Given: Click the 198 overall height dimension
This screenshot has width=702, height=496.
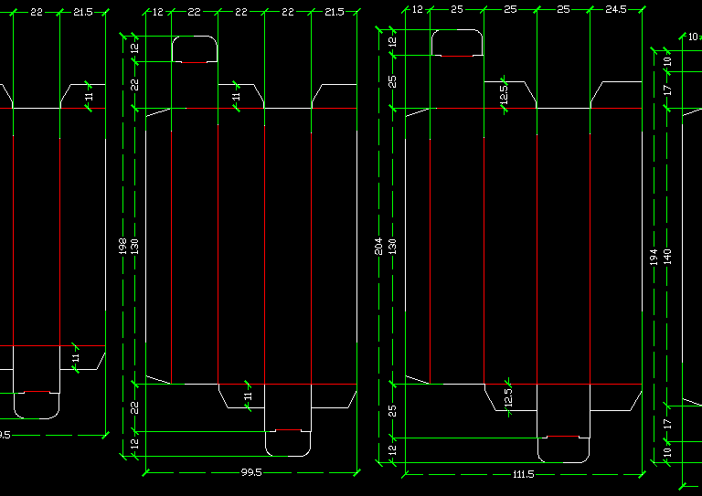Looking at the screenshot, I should (x=122, y=246).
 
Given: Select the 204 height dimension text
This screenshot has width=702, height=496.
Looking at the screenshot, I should (x=379, y=246).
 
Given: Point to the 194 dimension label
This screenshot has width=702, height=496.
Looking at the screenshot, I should (x=654, y=258).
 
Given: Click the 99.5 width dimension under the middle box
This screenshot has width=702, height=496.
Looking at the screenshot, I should (x=251, y=473).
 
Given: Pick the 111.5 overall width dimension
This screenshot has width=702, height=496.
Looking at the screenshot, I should (x=524, y=475).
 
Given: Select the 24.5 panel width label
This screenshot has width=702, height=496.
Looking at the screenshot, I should (x=616, y=9).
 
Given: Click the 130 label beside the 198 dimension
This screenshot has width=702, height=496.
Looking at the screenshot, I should (x=135, y=246).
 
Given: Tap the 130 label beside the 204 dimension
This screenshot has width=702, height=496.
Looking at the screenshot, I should (x=393, y=246).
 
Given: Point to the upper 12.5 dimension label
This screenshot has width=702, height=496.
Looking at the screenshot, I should (x=504, y=94).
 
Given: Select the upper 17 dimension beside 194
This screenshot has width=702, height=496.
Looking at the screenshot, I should (x=667, y=90).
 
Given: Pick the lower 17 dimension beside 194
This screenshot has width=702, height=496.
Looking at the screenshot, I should (x=667, y=423).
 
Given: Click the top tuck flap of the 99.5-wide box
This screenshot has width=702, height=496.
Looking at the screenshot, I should (x=194, y=48).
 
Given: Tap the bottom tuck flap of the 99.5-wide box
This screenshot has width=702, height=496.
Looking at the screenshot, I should (x=288, y=442).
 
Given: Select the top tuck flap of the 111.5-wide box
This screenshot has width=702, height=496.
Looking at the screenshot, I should (x=457, y=42).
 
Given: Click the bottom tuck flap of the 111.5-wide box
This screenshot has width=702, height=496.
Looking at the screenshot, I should (x=562, y=449).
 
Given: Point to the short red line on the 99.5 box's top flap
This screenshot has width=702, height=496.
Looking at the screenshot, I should (x=194, y=62).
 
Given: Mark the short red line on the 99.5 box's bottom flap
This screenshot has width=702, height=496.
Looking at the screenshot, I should (x=288, y=429).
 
